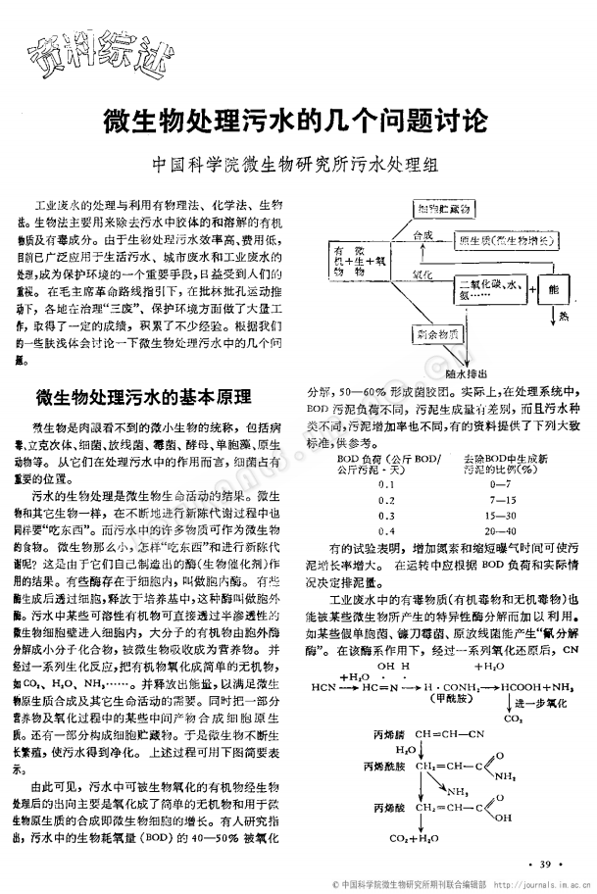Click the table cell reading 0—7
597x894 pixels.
click(498, 484)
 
